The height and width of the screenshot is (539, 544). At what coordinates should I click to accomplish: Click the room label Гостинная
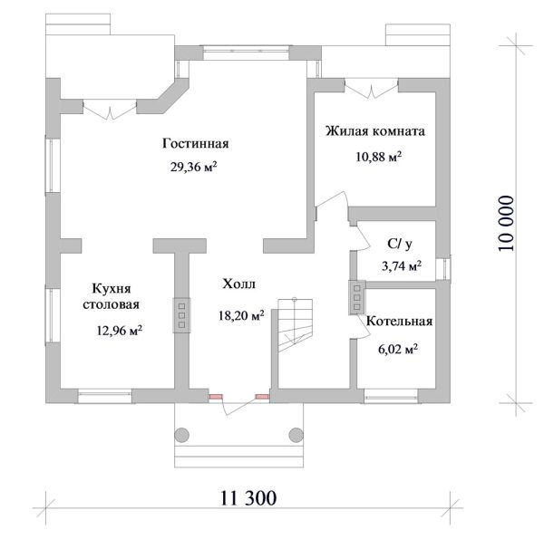coord(196,143)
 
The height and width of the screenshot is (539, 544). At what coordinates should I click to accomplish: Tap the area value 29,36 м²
coord(197,167)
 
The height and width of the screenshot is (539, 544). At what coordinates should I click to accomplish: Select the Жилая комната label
coord(375,131)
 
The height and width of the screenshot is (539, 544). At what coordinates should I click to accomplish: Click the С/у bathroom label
coord(400,243)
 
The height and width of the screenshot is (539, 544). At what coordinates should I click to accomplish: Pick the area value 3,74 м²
coord(401,265)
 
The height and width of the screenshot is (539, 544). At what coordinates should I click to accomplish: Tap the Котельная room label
coord(399,322)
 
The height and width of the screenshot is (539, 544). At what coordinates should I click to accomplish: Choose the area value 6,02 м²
coord(398,347)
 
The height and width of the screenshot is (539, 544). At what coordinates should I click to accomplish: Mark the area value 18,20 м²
coord(240,315)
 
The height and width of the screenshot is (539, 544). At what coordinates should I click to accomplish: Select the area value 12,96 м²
coord(119,331)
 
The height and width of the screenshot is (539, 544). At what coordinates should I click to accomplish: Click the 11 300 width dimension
coord(248,498)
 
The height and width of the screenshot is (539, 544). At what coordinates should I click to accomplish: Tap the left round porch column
coord(181,434)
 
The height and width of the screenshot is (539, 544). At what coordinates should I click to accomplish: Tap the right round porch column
coord(293,434)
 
